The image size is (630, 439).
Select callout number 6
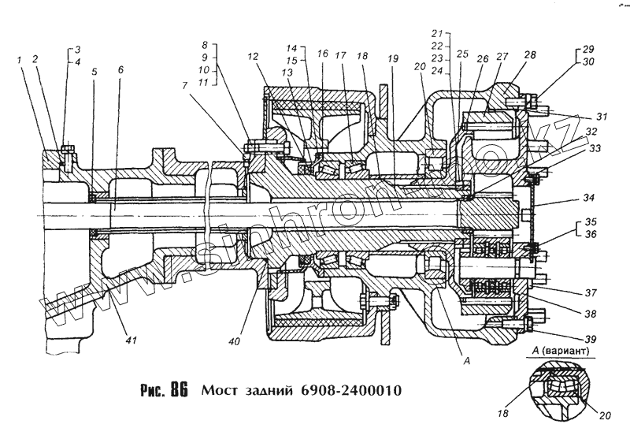point(120,69)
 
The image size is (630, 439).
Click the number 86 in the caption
point(177,390)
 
